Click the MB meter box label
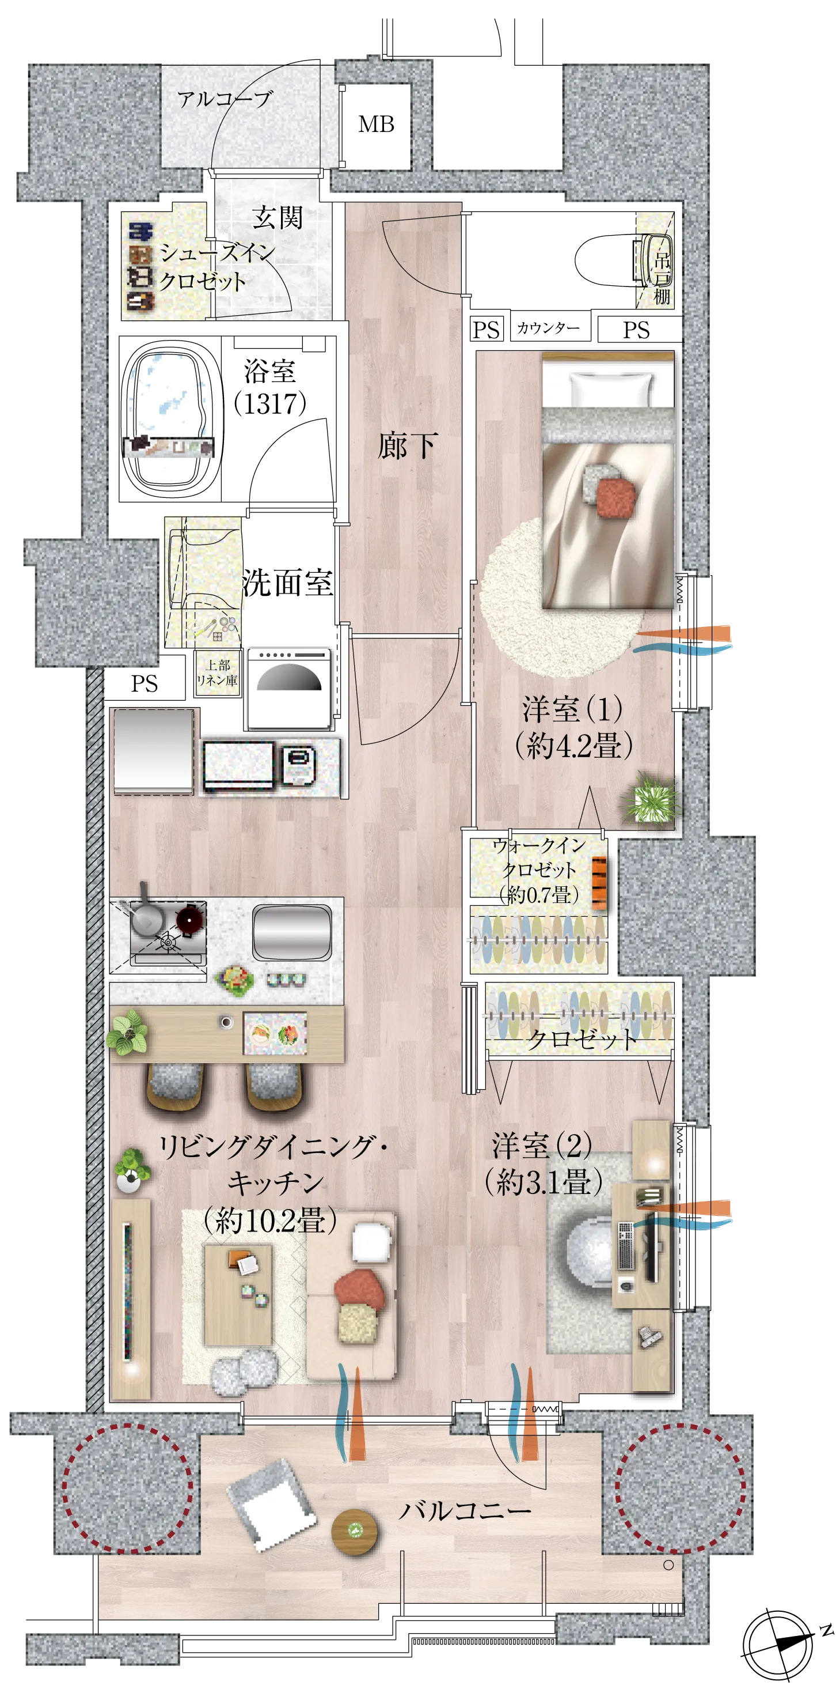point(377,124)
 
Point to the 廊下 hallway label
point(406,446)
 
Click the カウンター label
point(548,328)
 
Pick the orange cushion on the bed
point(615,497)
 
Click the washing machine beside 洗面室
point(288,688)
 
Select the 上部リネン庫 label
point(218,673)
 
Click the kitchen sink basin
point(291,932)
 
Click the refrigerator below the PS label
point(154,751)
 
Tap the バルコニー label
point(465,1511)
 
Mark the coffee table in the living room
point(238,1294)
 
